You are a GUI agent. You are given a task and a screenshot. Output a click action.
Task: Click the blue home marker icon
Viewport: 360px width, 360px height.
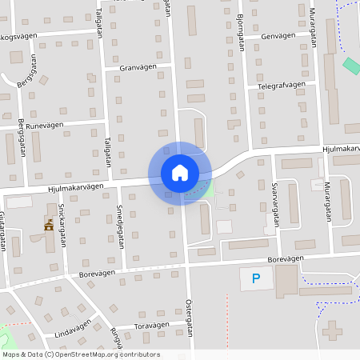(x=180, y=172)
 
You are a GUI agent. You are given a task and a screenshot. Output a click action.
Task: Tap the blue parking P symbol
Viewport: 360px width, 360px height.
(x=256, y=278)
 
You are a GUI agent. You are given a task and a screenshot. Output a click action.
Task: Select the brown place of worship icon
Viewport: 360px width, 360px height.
(x=49, y=226)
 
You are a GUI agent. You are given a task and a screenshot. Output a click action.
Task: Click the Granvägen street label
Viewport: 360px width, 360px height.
(x=136, y=68)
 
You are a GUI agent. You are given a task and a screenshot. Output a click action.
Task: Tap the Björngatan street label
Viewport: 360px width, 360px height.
(x=240, y=32)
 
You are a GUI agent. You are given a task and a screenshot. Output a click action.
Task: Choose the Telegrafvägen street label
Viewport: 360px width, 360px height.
(x=282, y=84)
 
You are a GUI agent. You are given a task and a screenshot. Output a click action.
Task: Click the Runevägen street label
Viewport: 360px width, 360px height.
(x=44, y=126)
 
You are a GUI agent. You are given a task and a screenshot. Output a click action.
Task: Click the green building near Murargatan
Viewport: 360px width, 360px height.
(x=351, y=66)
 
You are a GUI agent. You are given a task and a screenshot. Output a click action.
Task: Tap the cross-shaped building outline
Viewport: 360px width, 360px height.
(x=334, y=330)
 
